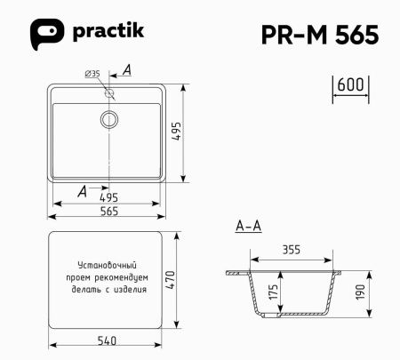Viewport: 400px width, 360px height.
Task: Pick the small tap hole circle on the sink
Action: click(110, 92)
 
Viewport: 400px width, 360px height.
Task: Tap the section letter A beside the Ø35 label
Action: click(127, 69)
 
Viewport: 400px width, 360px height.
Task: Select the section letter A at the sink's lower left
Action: click(83, 190)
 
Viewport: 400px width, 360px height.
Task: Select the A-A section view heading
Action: click(248, 227)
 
